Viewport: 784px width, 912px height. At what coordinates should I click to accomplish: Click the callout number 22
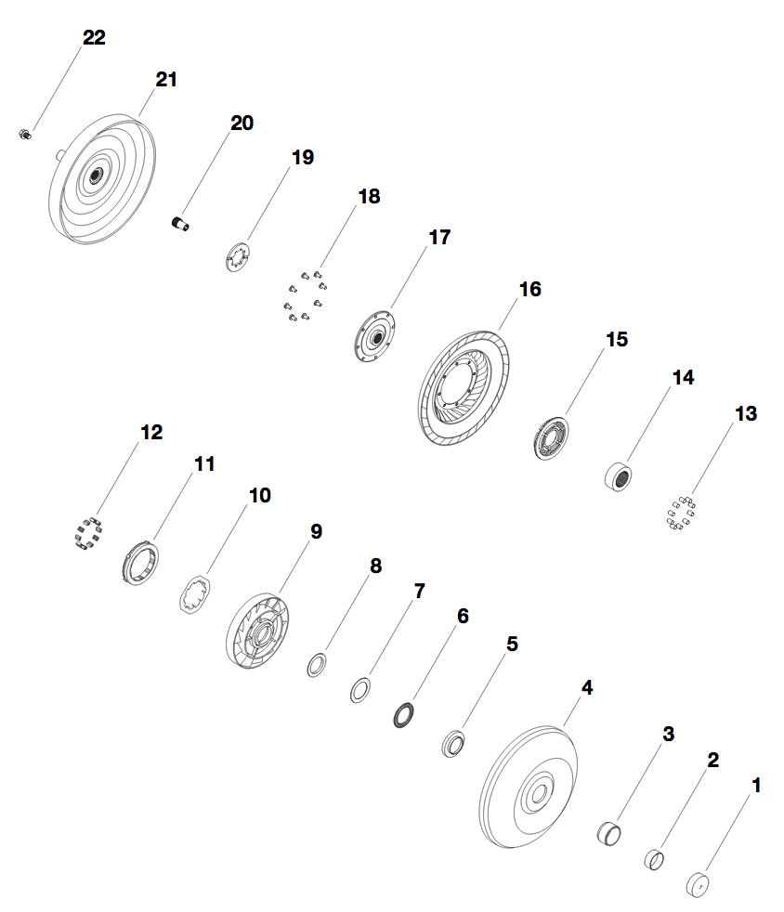94,38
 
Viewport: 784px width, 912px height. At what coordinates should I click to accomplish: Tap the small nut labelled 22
25,136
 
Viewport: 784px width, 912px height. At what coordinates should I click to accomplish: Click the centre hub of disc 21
96,175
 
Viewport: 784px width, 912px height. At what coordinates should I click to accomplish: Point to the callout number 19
303,158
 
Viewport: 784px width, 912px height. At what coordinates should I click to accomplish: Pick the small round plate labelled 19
240,257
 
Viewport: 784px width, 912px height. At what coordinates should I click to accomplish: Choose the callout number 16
529,290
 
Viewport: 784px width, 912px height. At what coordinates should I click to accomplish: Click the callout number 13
746,413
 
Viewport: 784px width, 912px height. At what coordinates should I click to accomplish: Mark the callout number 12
151,432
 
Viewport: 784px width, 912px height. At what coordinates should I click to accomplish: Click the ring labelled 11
139,563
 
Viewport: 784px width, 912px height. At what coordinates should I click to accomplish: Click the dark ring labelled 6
403,716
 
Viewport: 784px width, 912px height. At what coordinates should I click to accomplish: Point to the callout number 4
586,688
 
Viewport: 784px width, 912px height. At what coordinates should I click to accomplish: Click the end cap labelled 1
698,883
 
